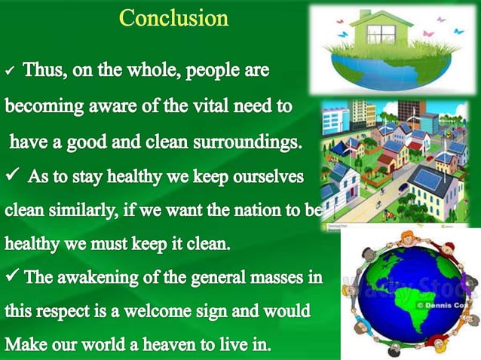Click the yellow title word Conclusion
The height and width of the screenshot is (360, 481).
tap(174, 18)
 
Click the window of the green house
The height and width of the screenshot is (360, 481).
tap(386, 33)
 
